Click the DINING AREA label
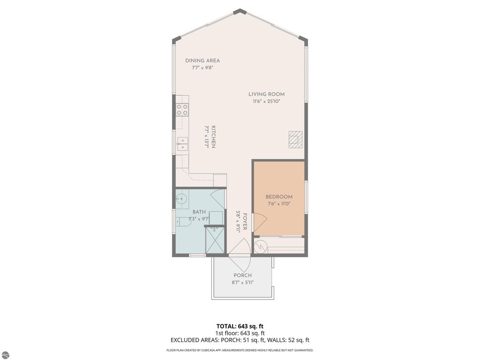click(x=202, y=60)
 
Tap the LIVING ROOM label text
click(x=266, y=94)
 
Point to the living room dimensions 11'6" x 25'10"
click(x=266, y=101)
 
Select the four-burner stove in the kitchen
click(x=182, y=110)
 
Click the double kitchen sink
click(x=182, y=144)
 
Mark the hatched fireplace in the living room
click(x=296, y=140)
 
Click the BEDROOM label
click(x=279, y=197)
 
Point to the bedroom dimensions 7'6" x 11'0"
click(x=279, y=204)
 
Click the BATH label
click(x=199, y=212)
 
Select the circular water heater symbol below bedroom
click(x=260, y=245)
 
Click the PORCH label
click(x=242, y=275)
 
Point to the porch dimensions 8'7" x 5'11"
click(x=242, y=282)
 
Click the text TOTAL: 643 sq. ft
click(x=240, y=326)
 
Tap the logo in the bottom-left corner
click(x=6, y=355)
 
